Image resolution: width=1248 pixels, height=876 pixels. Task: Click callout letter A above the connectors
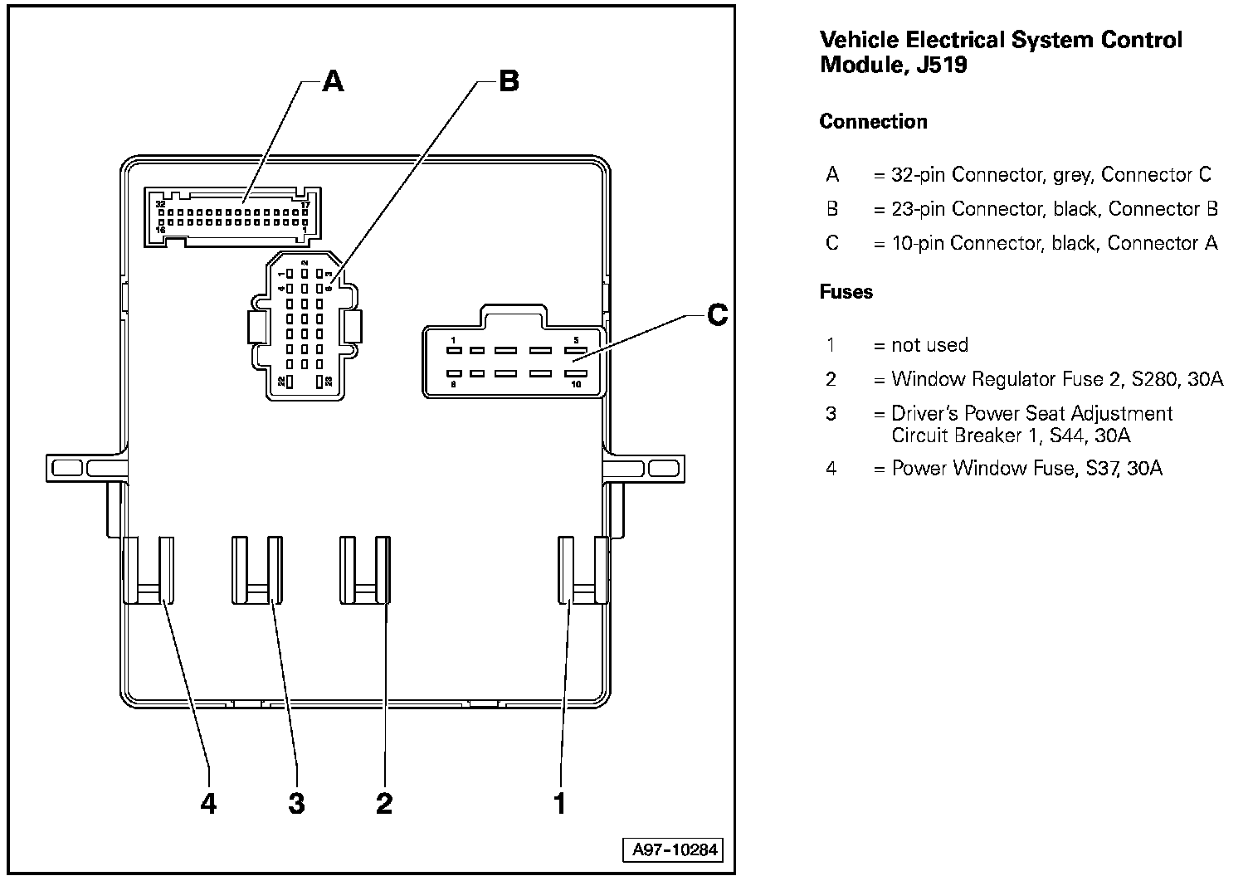pyautogui.click(x=333, y=81)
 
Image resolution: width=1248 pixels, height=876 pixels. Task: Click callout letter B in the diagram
pyautogui.click(x=508, y=81)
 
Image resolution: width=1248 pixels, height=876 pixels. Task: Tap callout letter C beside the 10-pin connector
pyautogui.click(x=717, y=315)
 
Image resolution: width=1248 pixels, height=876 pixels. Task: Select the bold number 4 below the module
pyautogui.click(x=208, y=803)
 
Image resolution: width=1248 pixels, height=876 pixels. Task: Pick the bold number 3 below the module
pyautogui.click(x=296, y=803)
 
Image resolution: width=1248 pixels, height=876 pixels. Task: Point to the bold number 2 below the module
pyautogui.click(x=383, y=803)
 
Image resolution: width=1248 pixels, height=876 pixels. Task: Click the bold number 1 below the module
pyautogui.click(x=560, y=803)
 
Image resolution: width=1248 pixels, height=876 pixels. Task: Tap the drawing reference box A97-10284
pyautogui.click(x=673, y=850)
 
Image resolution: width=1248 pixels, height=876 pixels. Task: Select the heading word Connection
pyautogui.click(x=873, y=122)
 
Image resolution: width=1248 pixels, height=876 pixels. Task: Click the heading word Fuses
pyautogui.click(x=846, y=292)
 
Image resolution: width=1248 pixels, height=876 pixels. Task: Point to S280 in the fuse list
pyautogui.click(x=1138, y=379)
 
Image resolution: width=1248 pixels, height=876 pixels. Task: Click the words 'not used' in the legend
pyautogui.click(x=929, y=345)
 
